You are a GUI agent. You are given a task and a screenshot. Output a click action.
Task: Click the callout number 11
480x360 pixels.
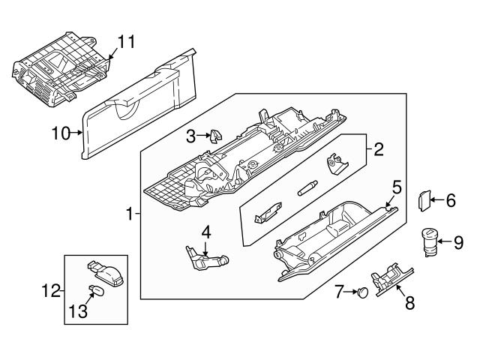click(127, 41)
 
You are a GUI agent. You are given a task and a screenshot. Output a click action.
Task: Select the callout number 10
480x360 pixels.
click(60, 134)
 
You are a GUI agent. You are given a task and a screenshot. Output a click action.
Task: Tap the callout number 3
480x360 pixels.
click(191, 136)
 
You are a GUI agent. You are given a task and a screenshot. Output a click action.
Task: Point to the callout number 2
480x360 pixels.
click(379, 150)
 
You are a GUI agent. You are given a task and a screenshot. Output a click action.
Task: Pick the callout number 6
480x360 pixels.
click(450, 200)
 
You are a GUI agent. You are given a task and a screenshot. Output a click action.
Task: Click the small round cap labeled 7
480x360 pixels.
click(364, 291)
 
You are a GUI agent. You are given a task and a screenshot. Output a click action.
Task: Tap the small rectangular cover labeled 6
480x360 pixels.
click(422, 199)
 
